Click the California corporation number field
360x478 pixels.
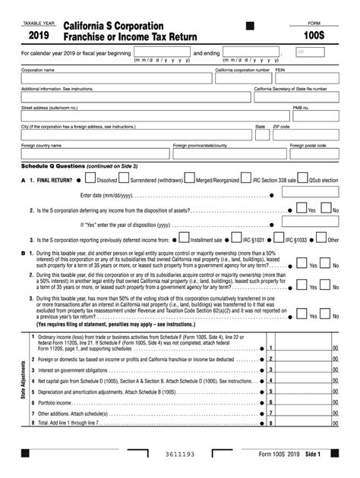click(x=242, y=79)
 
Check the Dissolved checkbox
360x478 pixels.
click(x=91, y=179)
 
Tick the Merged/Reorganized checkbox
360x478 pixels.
click(x=191, y=179)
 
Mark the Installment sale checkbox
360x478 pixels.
click(x=185, y=239)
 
